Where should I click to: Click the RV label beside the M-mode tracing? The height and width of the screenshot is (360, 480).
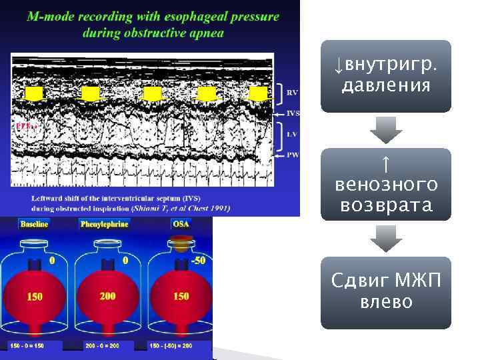292,93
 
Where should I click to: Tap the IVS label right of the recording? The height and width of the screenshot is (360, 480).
293,113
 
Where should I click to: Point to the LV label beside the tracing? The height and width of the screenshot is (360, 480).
291,134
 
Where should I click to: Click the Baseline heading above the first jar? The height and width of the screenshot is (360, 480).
34,224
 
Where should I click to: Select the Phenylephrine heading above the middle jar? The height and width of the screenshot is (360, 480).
107,224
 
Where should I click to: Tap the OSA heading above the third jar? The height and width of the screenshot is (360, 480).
181,224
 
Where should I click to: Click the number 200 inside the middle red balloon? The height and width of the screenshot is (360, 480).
107,296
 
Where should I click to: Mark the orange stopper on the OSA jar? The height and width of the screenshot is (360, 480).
181,244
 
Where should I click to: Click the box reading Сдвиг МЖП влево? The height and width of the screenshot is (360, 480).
385,293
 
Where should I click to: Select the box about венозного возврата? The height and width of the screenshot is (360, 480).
385,184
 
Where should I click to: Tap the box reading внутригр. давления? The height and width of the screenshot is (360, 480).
385,76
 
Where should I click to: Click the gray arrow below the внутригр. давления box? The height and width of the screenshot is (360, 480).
385,130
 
